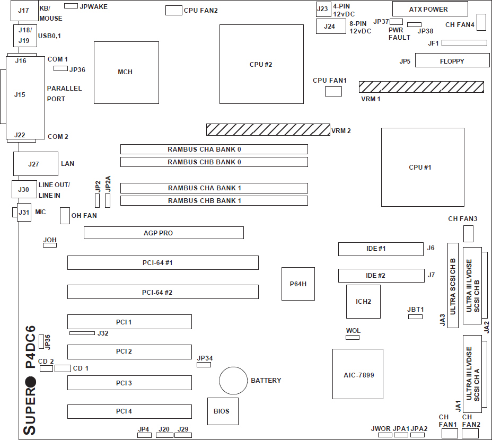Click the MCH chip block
(126, 72)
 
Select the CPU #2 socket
(261, 64)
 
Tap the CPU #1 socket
(420, 168)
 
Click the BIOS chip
(222, 411)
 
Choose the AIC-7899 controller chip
(358, 374)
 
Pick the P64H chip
(298, 284)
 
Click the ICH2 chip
(363, 301)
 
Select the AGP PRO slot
(163, 233)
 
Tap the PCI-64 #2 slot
(162, 292)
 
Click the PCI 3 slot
(129, 383)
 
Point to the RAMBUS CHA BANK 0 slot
(214, 149)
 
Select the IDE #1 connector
(381, 249)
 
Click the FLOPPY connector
(452, 60)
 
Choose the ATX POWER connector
(430, 9)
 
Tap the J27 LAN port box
(35, 164)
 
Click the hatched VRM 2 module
(268, 129)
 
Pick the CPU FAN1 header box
(333, 92)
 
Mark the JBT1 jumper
(415, 316)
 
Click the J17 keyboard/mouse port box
(24, 11)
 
